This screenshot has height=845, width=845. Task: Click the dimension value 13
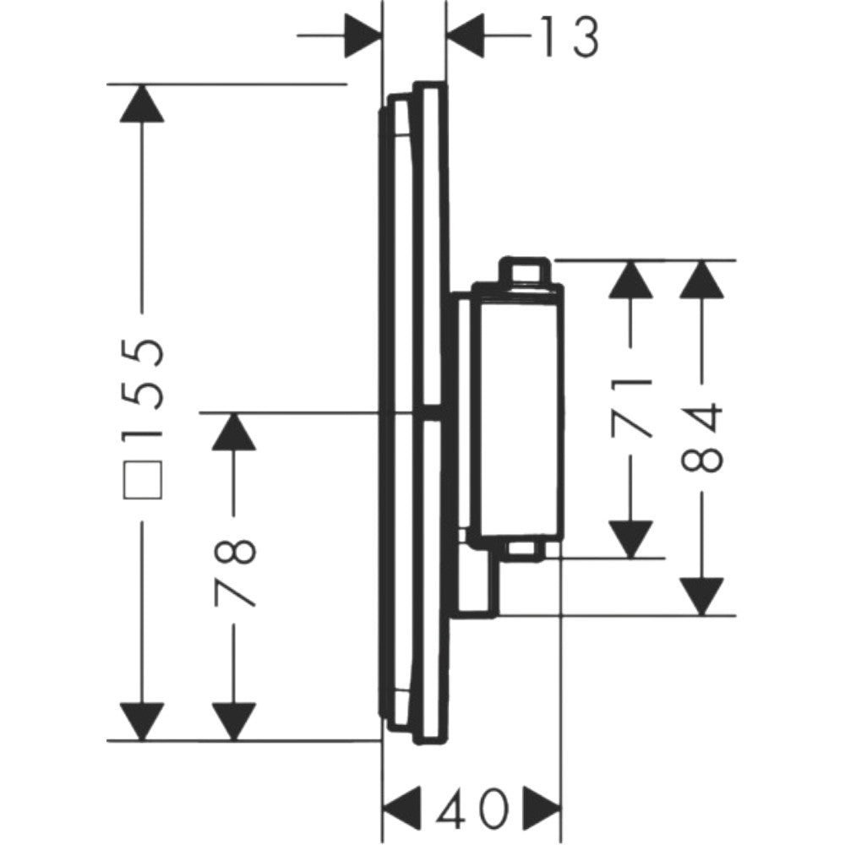[569, 36]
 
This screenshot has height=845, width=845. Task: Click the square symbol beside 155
[143, 480]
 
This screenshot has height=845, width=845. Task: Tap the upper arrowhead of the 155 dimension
[142, 103]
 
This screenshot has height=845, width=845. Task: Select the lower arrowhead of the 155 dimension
[142, 722]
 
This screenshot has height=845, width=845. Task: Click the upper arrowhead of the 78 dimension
[233, 431]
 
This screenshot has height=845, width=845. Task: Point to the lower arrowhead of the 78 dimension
[233, 722]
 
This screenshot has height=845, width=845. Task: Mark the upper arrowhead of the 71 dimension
[630, 279]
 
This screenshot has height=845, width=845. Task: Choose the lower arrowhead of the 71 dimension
[630, 539]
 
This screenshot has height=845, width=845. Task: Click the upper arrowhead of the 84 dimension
[701, 279]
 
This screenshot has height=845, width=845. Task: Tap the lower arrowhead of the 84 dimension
[701, 597]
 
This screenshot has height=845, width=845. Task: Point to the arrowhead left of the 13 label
[363, 36]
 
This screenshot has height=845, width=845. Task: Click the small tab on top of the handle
[526, 271]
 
